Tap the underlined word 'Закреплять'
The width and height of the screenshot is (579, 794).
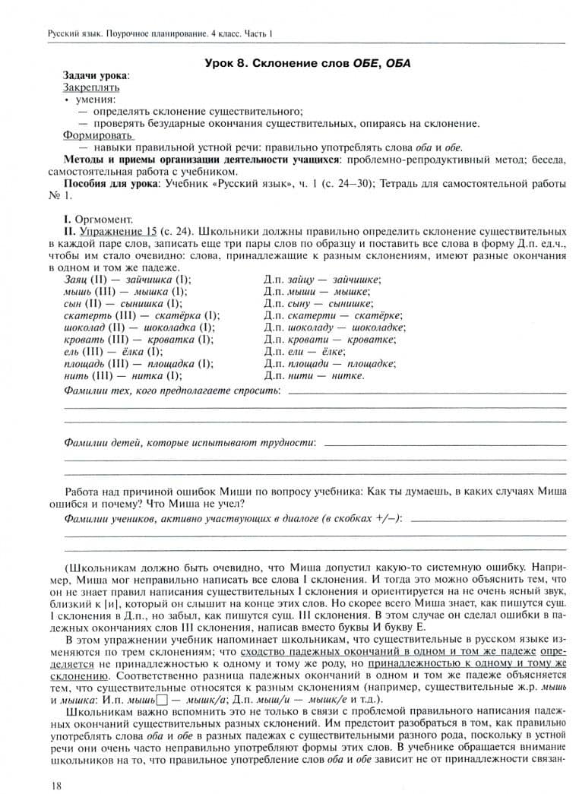[x=91, y=87]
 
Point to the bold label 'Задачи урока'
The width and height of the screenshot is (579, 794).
[x=95, y=75]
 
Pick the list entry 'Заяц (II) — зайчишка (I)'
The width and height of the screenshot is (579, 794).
[x=128, y=280]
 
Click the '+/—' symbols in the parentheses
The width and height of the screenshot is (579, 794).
[x=386, y=519]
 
